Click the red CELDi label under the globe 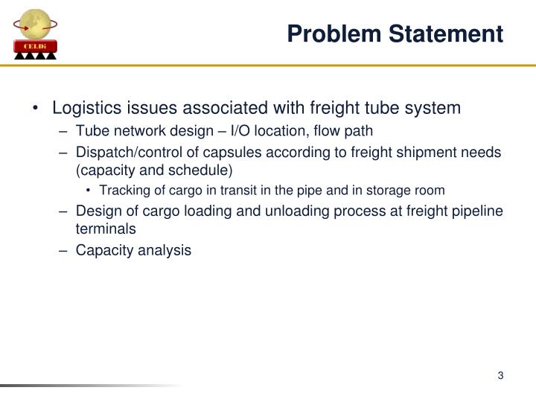[35, 47]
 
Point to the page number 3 [501, 375]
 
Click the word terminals [106, 229]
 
